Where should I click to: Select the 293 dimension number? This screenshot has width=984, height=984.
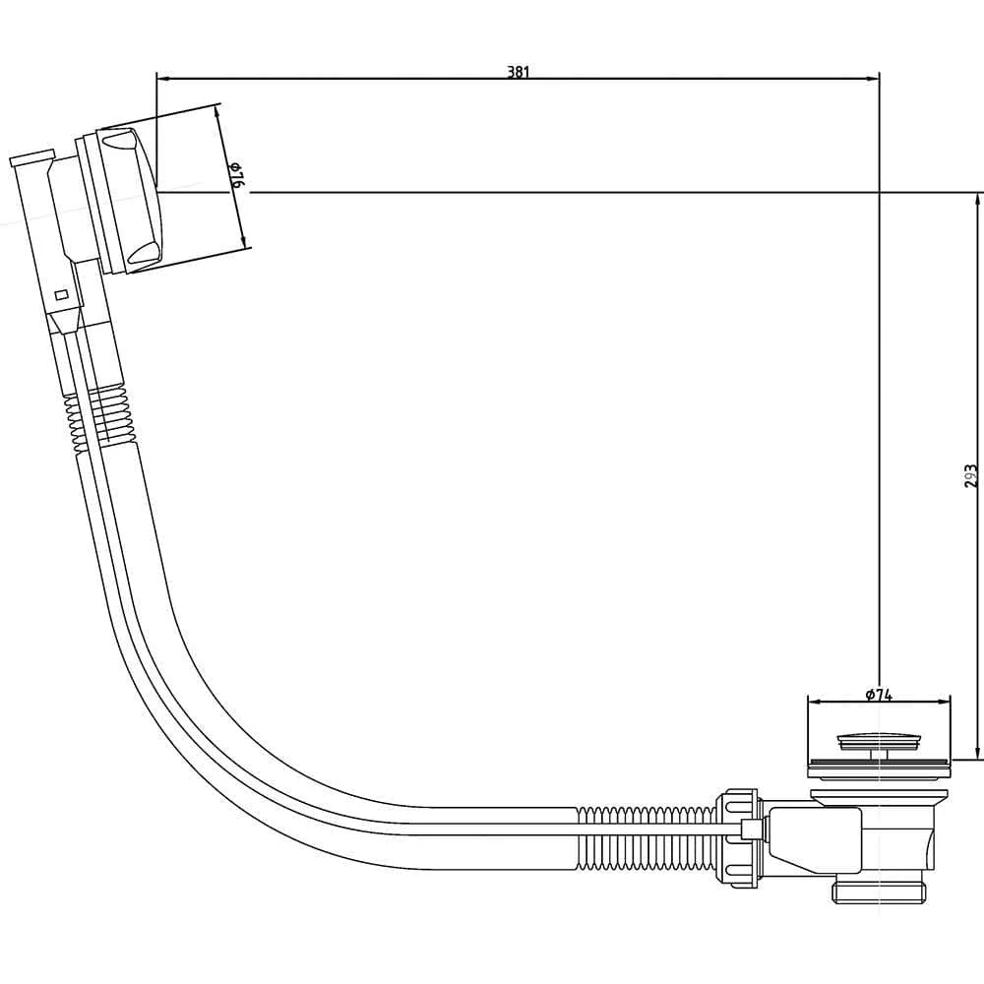(x=970, y=476)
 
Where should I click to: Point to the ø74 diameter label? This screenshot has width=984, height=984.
(x=879, y=694)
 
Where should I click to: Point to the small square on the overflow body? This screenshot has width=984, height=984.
(x=62, y=294)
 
